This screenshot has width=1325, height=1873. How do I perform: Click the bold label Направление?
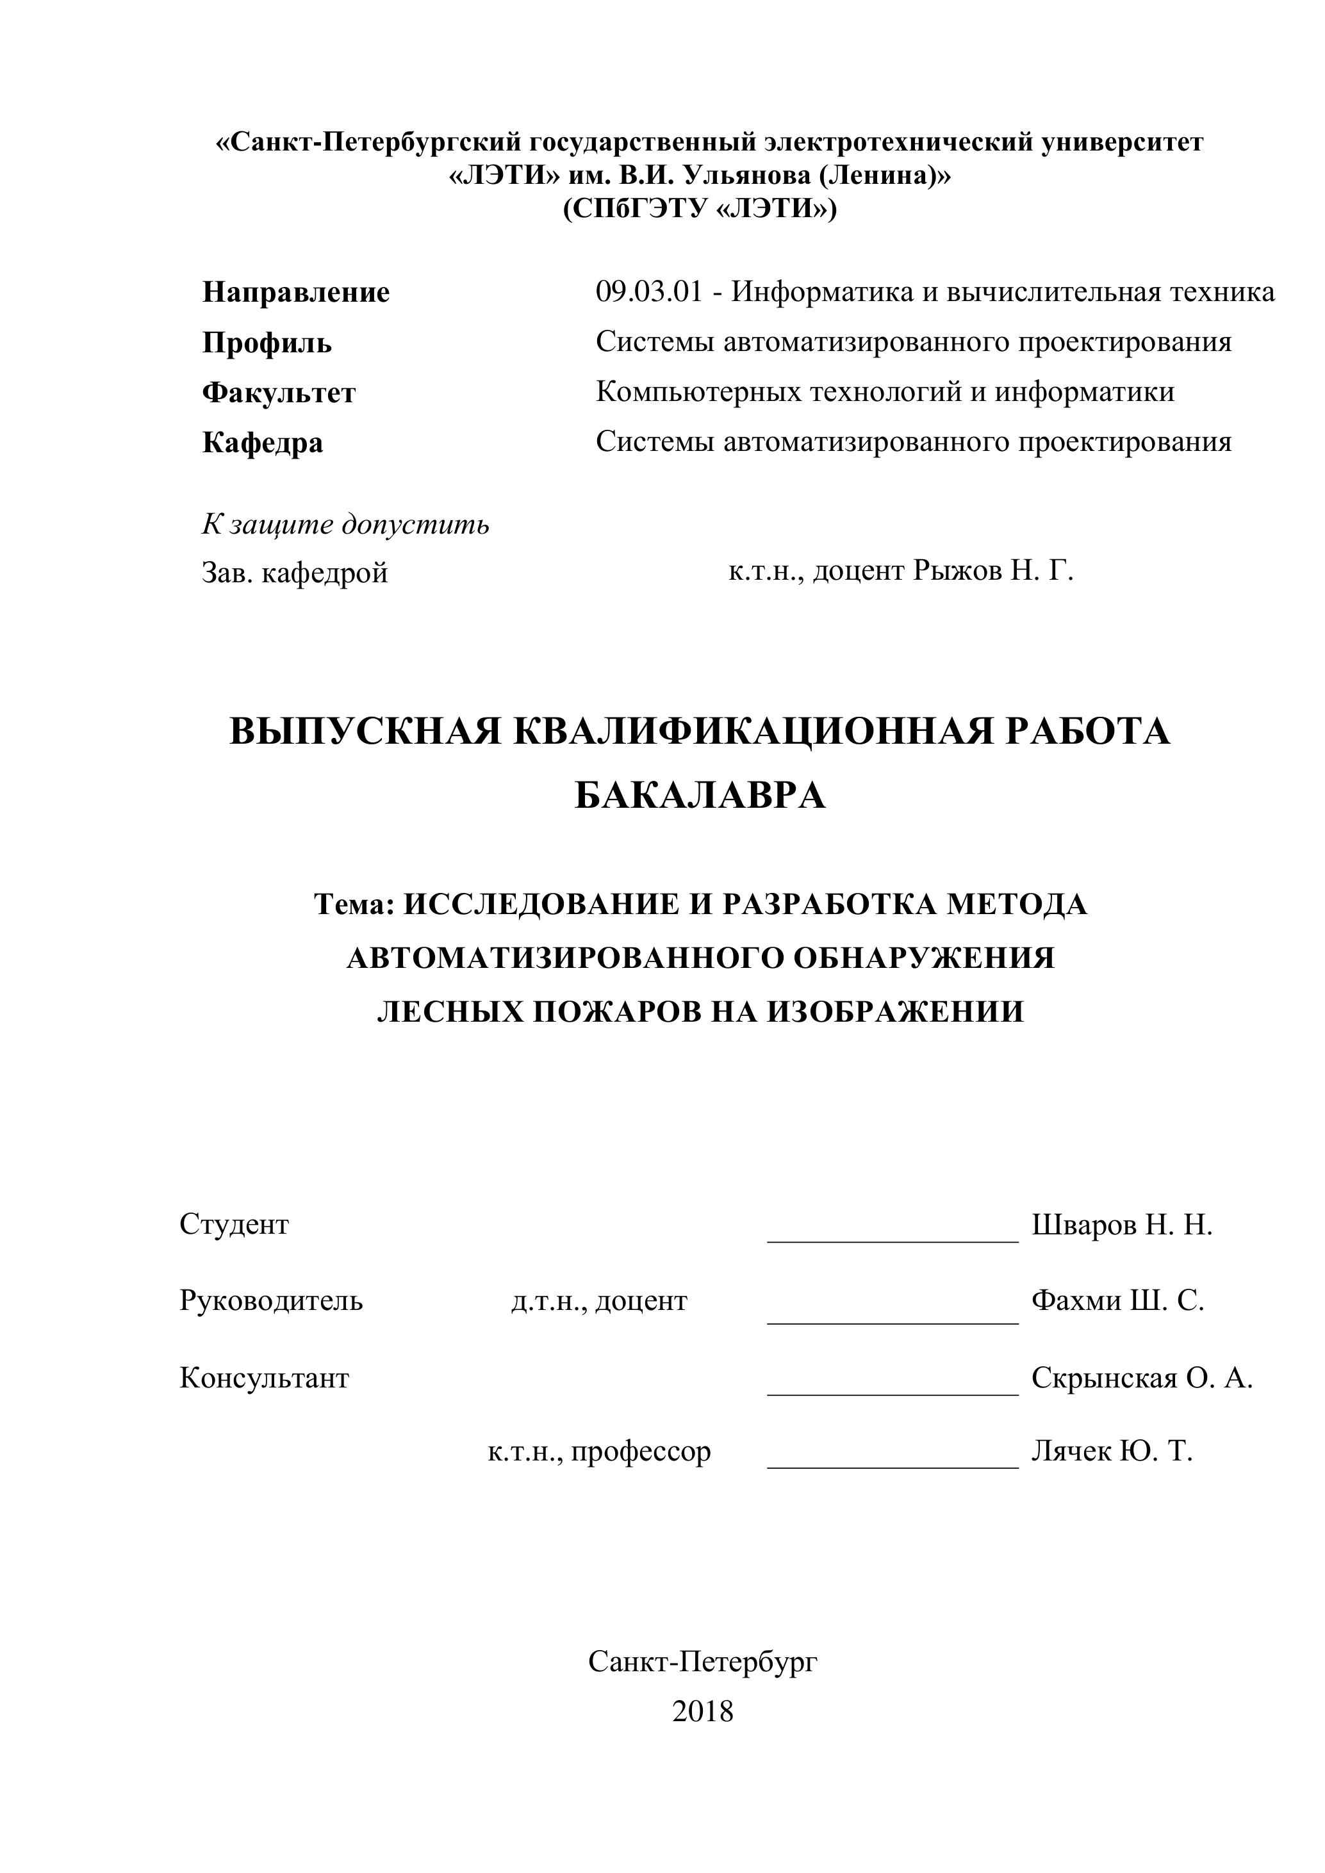(295, 292)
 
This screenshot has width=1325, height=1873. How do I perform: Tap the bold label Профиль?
(267, 343)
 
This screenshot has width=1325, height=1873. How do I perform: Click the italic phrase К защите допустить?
(345, 524)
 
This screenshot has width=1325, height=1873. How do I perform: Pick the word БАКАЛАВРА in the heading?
(700, 796)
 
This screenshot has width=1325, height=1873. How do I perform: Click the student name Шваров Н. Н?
(1122, 1225)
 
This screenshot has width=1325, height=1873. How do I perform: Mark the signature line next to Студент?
(893, 1240)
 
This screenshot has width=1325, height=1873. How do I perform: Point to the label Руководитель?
(271, 1300)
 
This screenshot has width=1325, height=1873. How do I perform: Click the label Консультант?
(265, 1378)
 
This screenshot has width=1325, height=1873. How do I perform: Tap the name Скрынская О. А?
(1141, 1378)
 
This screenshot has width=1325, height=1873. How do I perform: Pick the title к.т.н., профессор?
(599, 1452)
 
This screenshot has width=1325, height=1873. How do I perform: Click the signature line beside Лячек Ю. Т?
(893, 1467)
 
